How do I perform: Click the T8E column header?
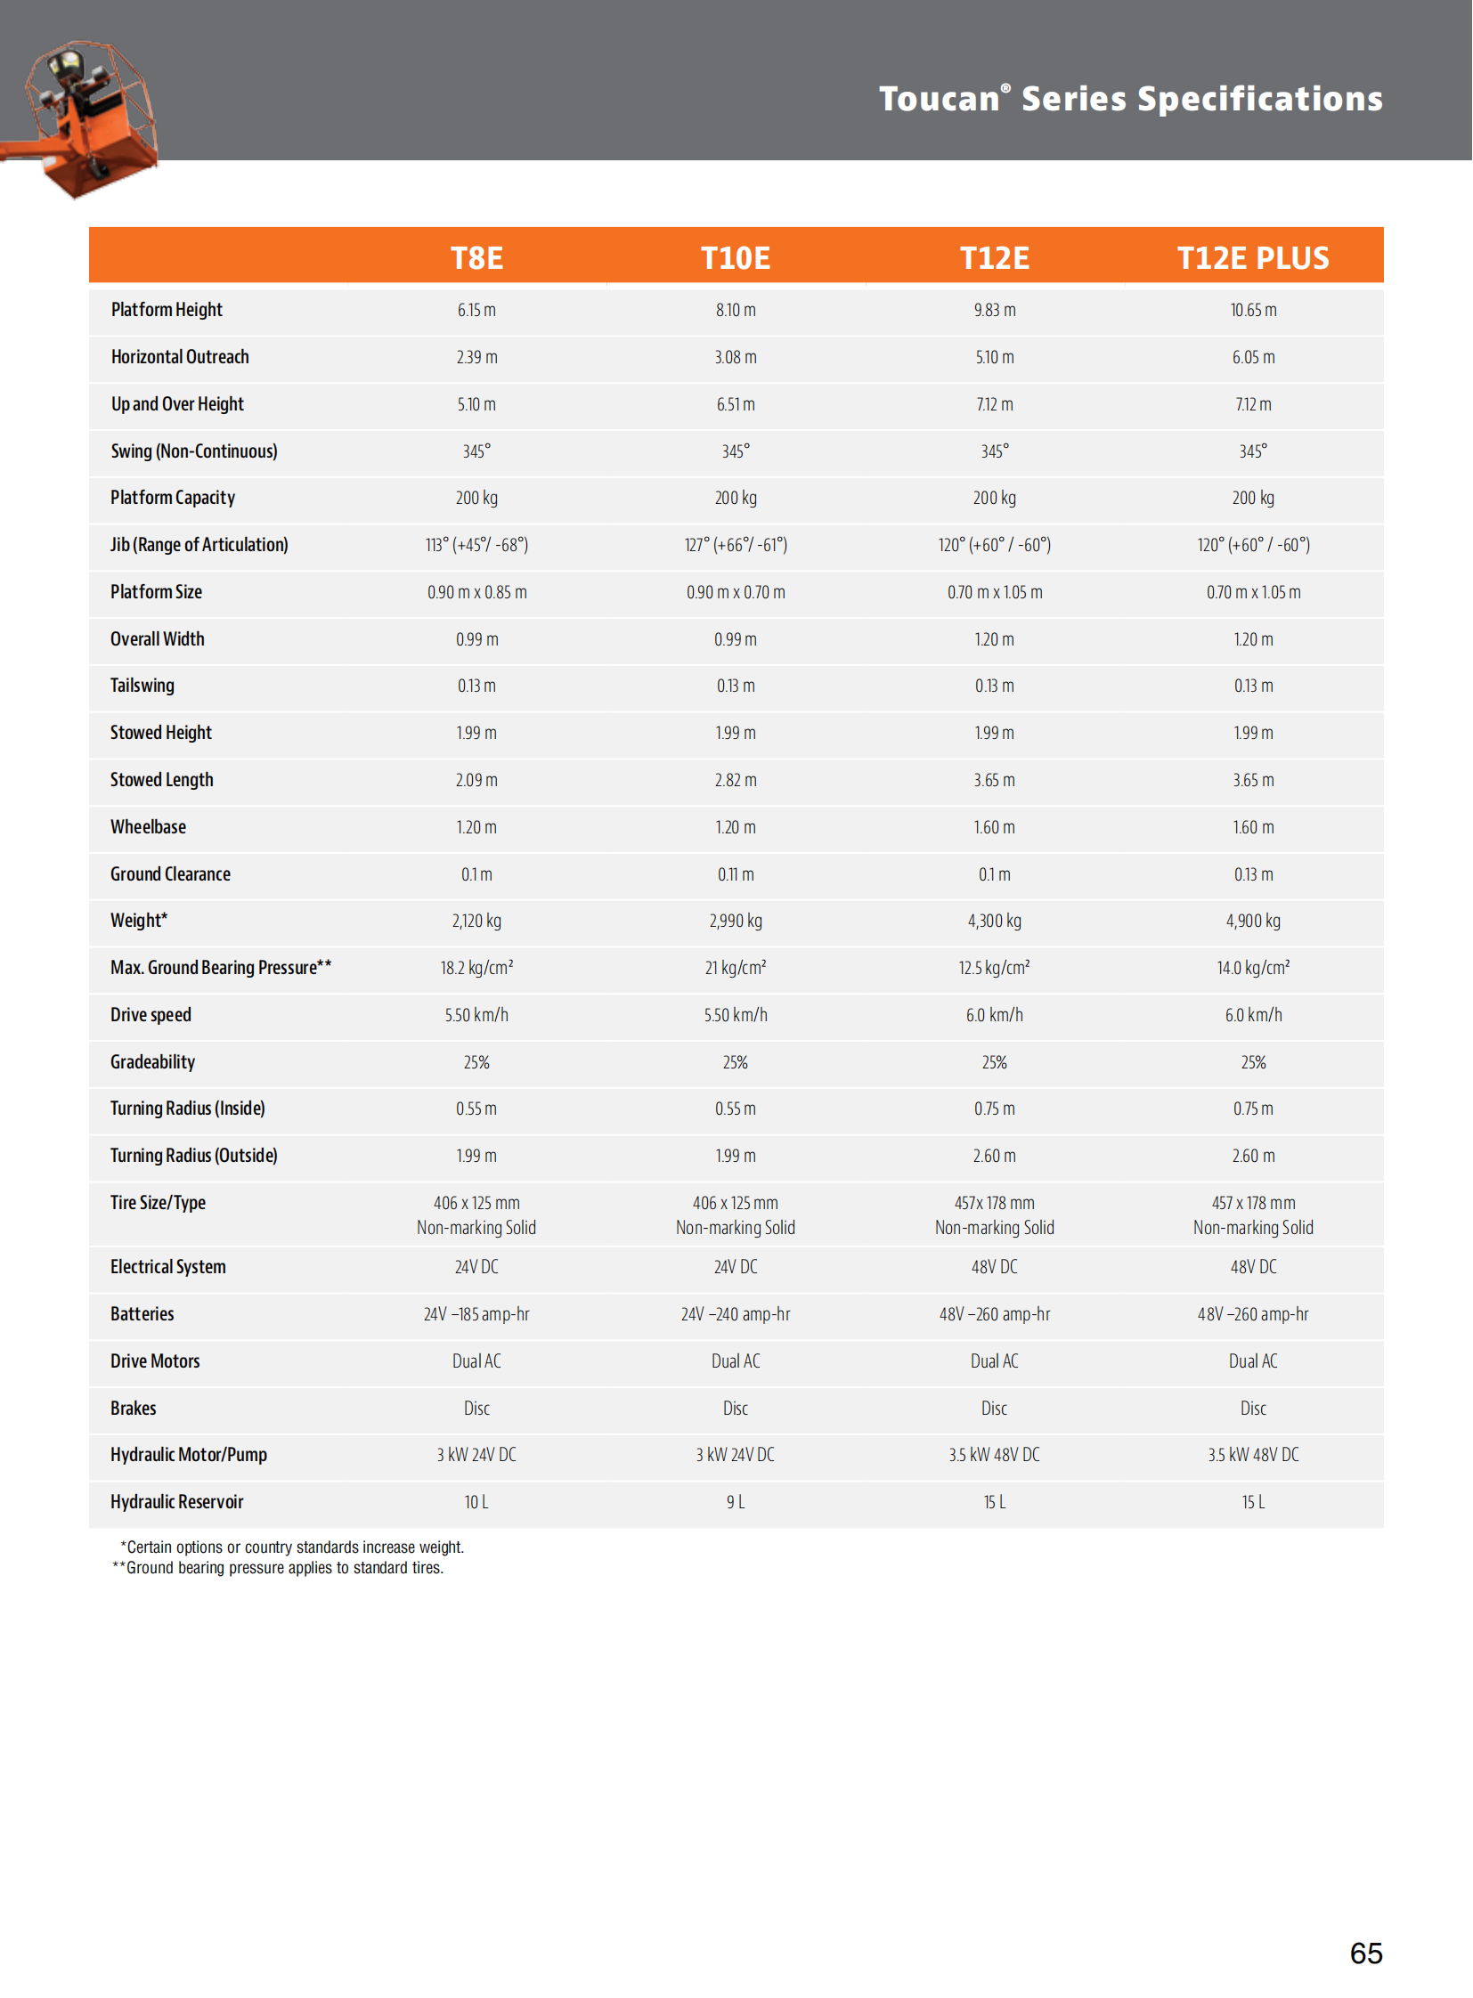click(x=476, y=257)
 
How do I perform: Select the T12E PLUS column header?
click(x=1252, y=257)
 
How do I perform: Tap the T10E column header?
click(x=735, y=257)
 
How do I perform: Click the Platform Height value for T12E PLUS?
click(x=1253, y=310)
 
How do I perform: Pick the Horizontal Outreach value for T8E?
click(x=476, y=358)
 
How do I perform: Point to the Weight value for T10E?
click(x=735, y=921)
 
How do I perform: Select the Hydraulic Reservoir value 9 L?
click(x=735, y=1502)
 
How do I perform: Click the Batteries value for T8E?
click(x=476, y=1314)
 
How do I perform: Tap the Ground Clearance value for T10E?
click(x=735, y=874)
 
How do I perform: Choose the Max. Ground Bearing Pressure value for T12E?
click(x=994, y=968)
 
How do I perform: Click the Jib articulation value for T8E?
click(x=476, y=545)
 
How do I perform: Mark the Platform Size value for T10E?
click(x=735, y=592)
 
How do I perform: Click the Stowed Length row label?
click(x=161, y=780)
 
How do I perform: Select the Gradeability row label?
click(x=152, y=1062)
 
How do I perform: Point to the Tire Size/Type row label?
click(x=158, y=1203)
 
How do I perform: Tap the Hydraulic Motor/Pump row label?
click(x=188, y=1455)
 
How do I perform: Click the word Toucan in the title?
click(x=939, y=99)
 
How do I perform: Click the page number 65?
click(x=1365, y=1953)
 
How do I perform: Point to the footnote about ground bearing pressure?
click(x=277, y=1568)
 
